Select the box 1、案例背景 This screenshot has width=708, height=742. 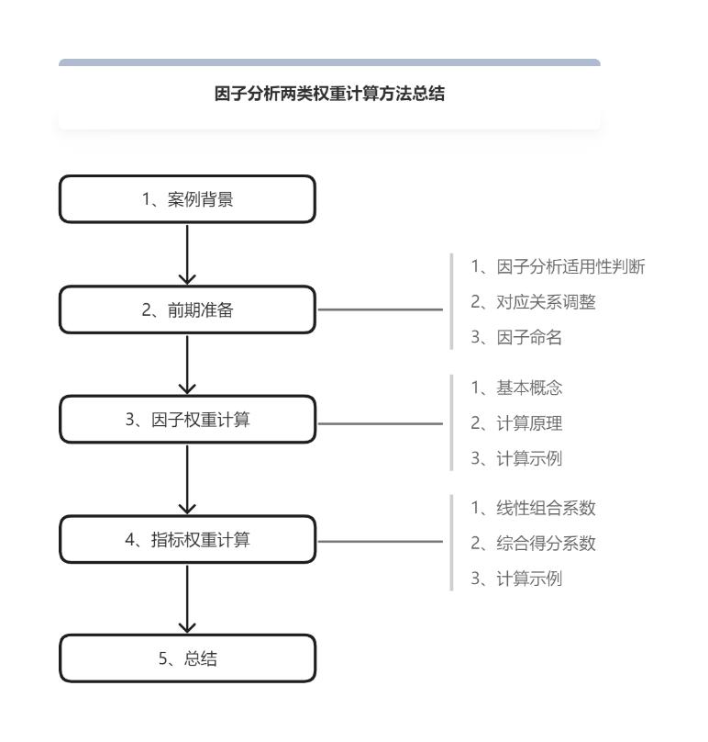[x=187, y=198]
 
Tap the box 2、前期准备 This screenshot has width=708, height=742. [x=187, y=310]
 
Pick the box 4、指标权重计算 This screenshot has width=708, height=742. [x=187, y=540]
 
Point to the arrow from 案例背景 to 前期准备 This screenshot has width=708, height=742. [x=187, y=253]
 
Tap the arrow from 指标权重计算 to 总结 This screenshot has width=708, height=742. [x=187, y=599]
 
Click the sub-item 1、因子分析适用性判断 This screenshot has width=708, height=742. [x=559, y=267]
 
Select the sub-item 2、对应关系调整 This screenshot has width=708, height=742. [x=533, y=303]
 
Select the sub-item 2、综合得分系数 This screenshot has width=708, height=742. [x=533, y=542]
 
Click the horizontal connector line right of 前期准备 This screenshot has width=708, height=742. [x=379, y=310]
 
